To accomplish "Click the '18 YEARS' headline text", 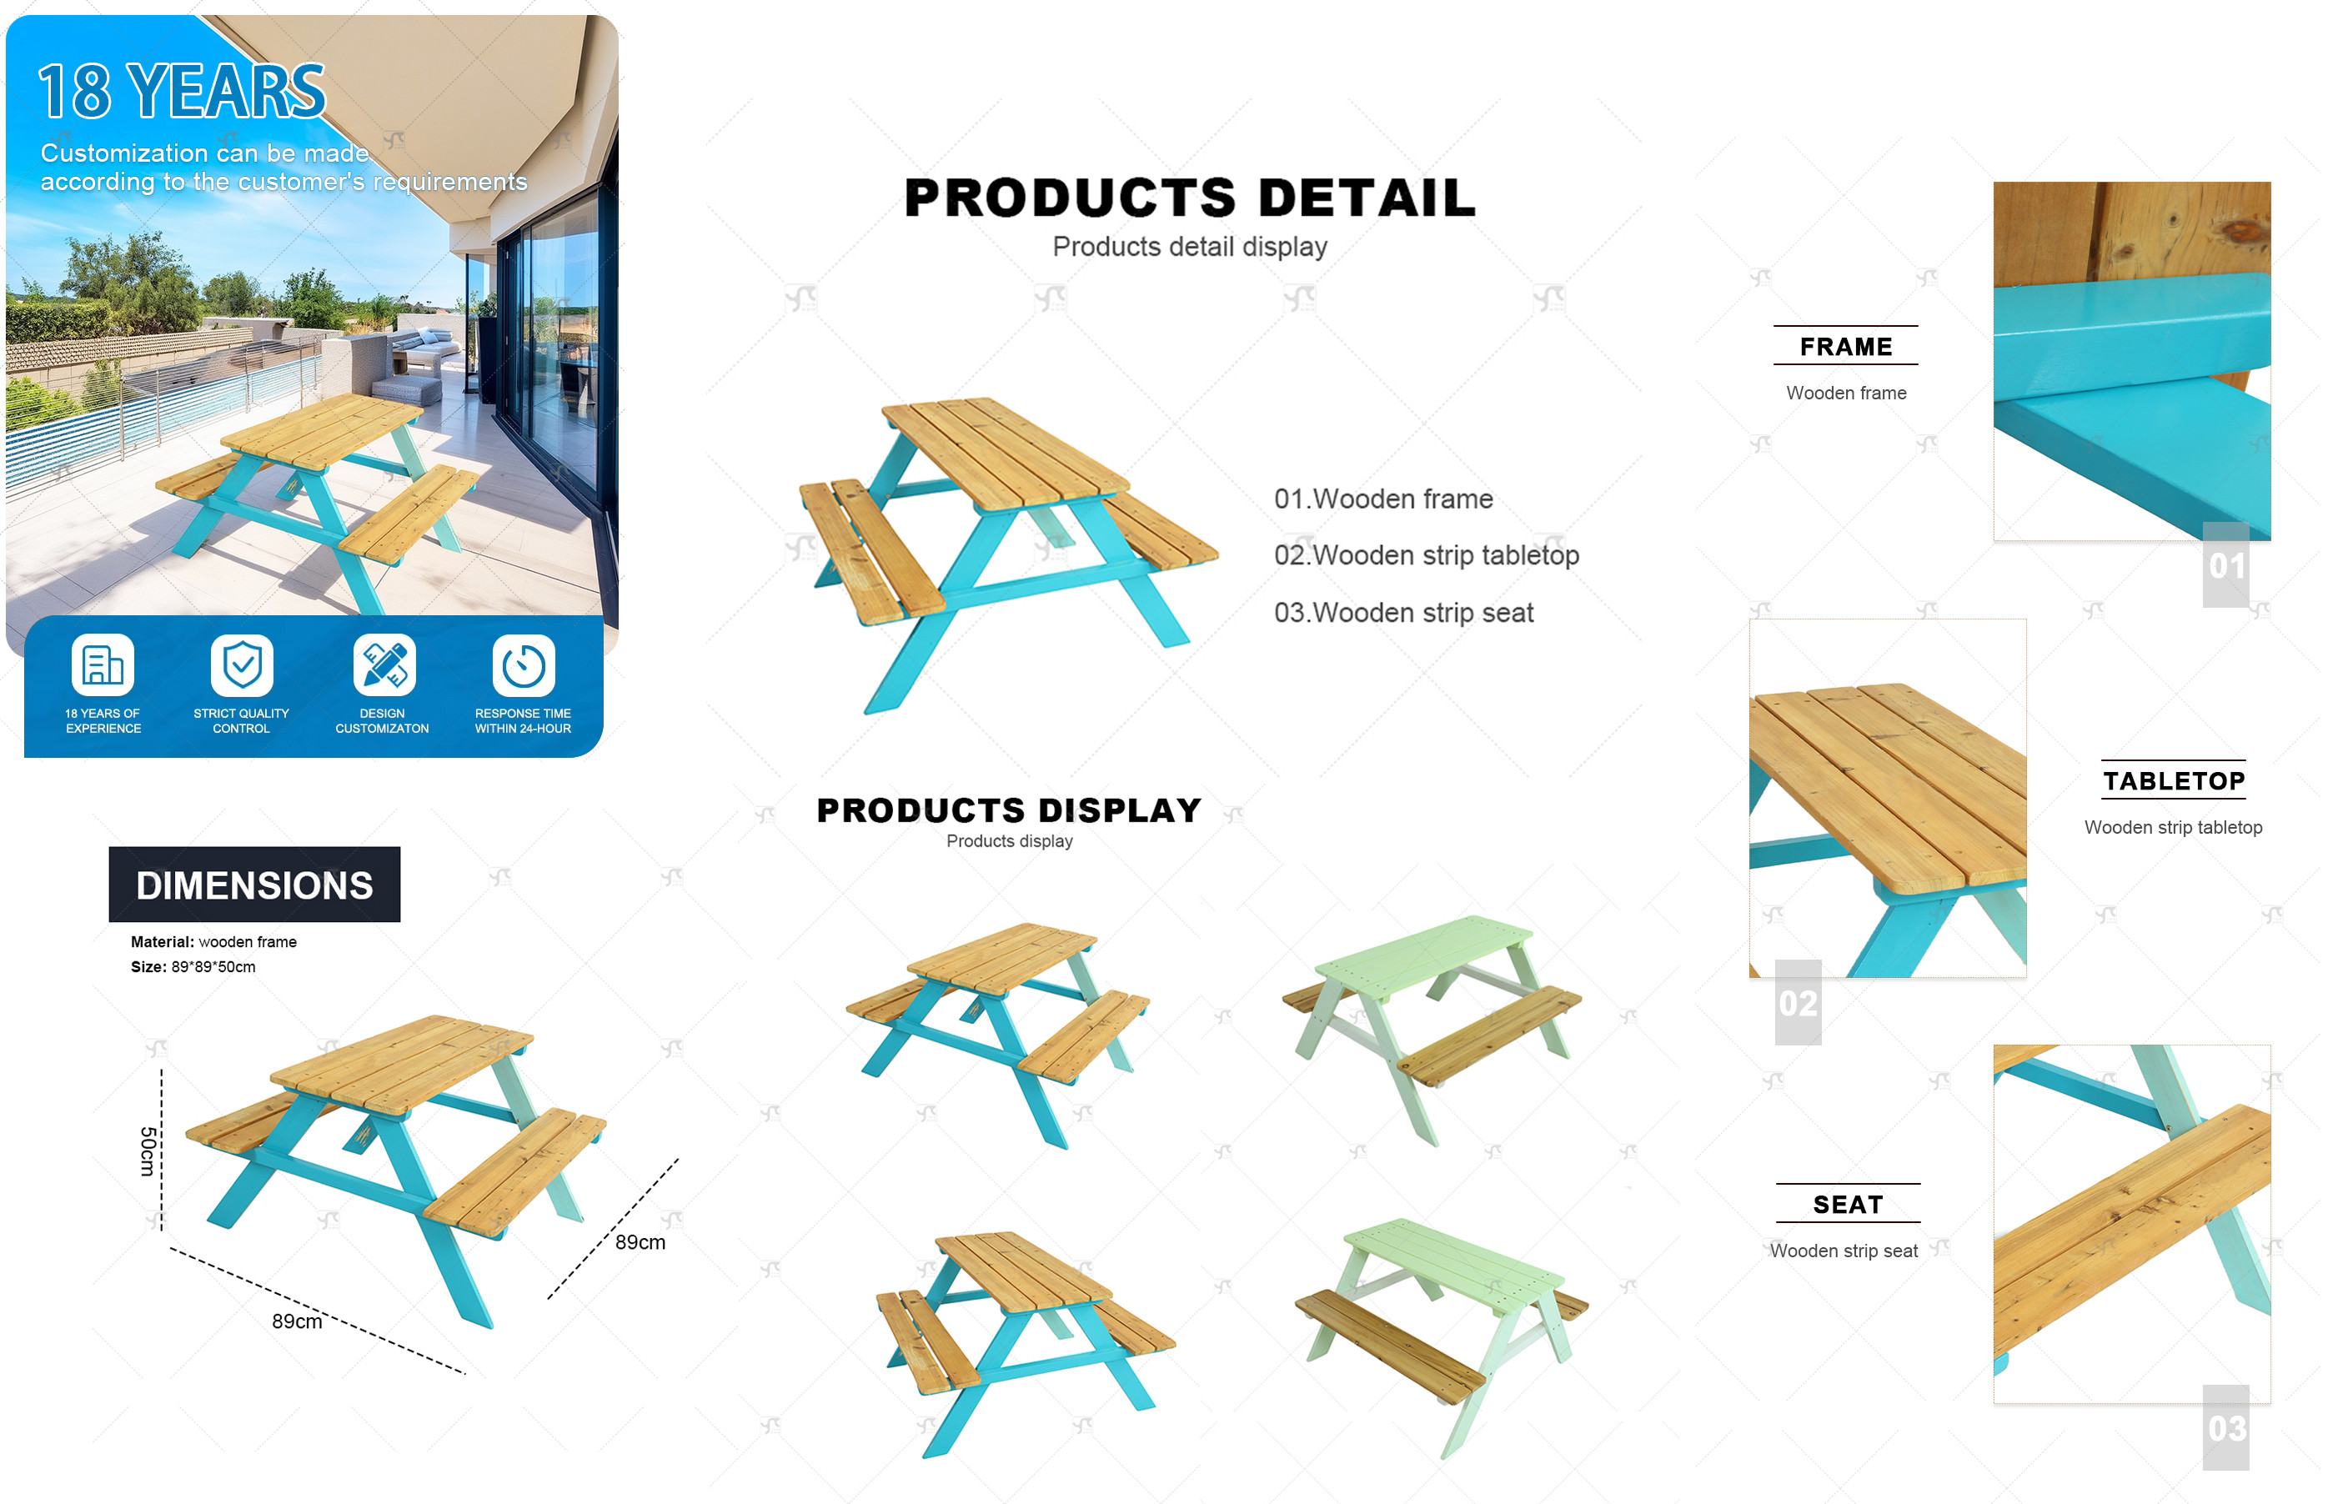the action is (182, 91).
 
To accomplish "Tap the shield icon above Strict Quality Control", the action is (243, 666).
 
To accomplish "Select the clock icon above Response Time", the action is (524, 666).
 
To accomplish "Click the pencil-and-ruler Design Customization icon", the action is (384, 666).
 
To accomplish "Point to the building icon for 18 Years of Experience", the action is (103, 666).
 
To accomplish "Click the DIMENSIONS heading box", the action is (255, 885).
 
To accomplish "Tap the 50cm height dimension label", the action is (148, 1151).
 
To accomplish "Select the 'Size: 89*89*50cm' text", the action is (193, 967).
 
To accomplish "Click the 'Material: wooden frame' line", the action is (214, 941).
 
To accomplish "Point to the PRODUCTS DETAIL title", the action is (1190, 198).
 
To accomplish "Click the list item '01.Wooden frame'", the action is (1383, 499).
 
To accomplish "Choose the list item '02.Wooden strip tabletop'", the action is (1426, 554).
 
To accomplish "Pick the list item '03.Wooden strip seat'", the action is (1403, 612).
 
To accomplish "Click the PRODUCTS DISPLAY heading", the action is (1009, 810).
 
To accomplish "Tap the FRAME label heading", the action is (1846, 347).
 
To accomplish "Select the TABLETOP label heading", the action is (2174, 781).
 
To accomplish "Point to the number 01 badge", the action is (2227, 565).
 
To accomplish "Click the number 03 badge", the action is (2227, 1428).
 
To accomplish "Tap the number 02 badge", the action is (1799, 1003).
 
